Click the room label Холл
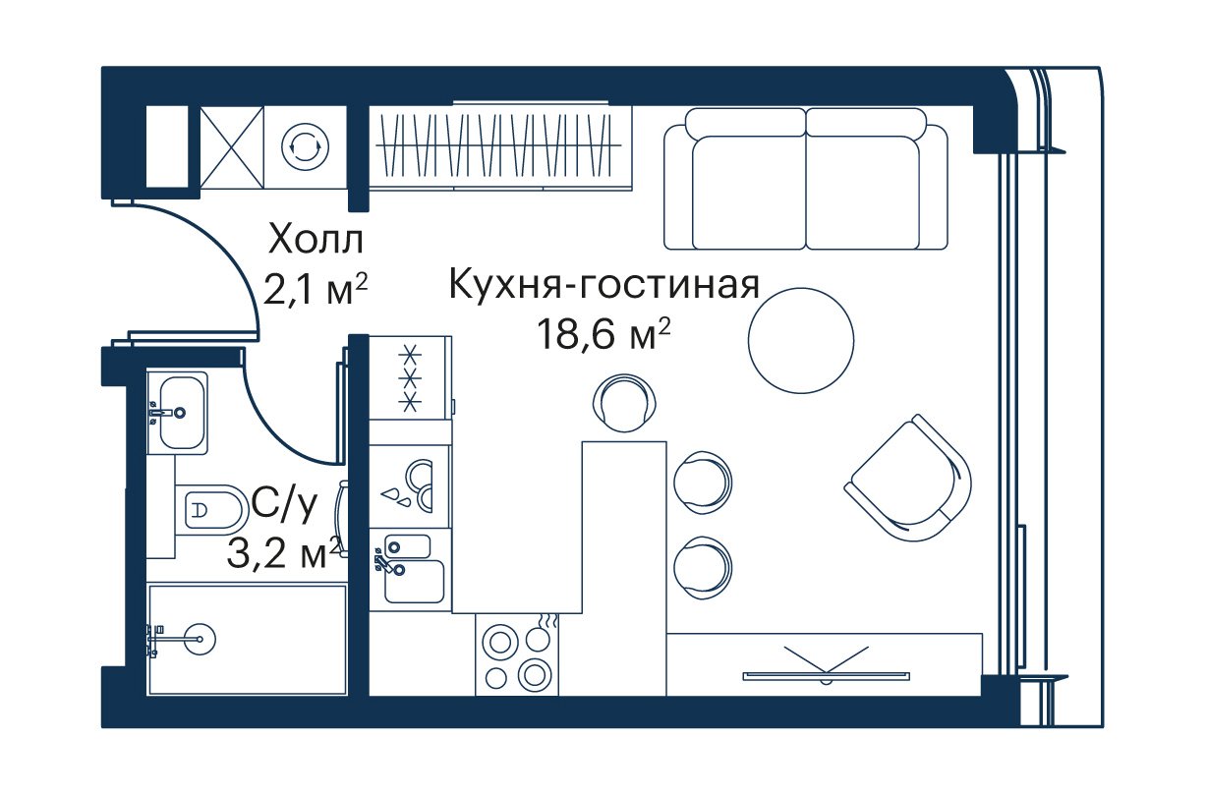[316, 240]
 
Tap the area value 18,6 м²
[603, 334]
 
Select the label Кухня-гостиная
[604, 285]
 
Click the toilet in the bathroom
[209, 510]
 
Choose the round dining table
[801, 341]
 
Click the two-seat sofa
[806, 179]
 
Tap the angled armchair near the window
[909, 478]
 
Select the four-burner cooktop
[517, 654]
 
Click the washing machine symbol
[306, 146]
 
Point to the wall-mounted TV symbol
[826, 665]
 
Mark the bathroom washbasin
[177, 413]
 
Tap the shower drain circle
[200, 639]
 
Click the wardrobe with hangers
[500, 147]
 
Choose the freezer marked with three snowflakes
[410, 377]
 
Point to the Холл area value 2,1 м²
[316, 291]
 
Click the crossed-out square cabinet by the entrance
[232, 146]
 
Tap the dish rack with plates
[410, 486]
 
